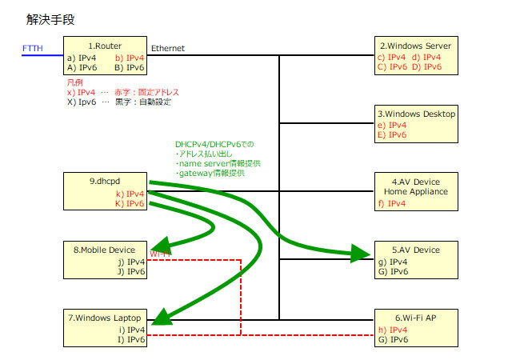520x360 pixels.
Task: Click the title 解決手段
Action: tap(50, 19)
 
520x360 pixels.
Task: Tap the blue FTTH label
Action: tap(33, 48)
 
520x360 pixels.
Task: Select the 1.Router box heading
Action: tap(105, 46)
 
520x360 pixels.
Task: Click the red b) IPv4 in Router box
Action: tap(130, 58)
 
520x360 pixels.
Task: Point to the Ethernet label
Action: tap(168, 48)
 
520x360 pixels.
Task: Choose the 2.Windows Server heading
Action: tap(415, 46)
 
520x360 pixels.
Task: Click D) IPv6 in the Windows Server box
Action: tap(427, 67)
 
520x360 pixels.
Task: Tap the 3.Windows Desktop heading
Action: tap(417, 114)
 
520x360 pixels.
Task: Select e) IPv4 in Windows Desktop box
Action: tap(392, 125)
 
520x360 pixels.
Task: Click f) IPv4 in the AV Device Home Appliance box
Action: tap(392, 203)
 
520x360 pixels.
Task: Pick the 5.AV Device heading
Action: tap(416, 250)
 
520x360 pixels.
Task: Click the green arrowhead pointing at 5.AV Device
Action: tap(360, 254)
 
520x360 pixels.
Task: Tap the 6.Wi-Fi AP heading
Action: tap(415, 318)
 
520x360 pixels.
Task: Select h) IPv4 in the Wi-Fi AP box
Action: tap(393, 330)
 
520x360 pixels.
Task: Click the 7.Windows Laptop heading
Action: tap(105, 318)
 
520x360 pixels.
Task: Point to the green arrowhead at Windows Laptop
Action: tap(162, 318)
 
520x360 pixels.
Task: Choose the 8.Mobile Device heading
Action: tap(104, 250)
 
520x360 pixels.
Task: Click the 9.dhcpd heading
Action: tap(105, 181)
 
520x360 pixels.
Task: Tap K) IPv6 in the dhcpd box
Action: tap(130, 203)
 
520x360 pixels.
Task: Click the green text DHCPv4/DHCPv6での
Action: tap(214, 144)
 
